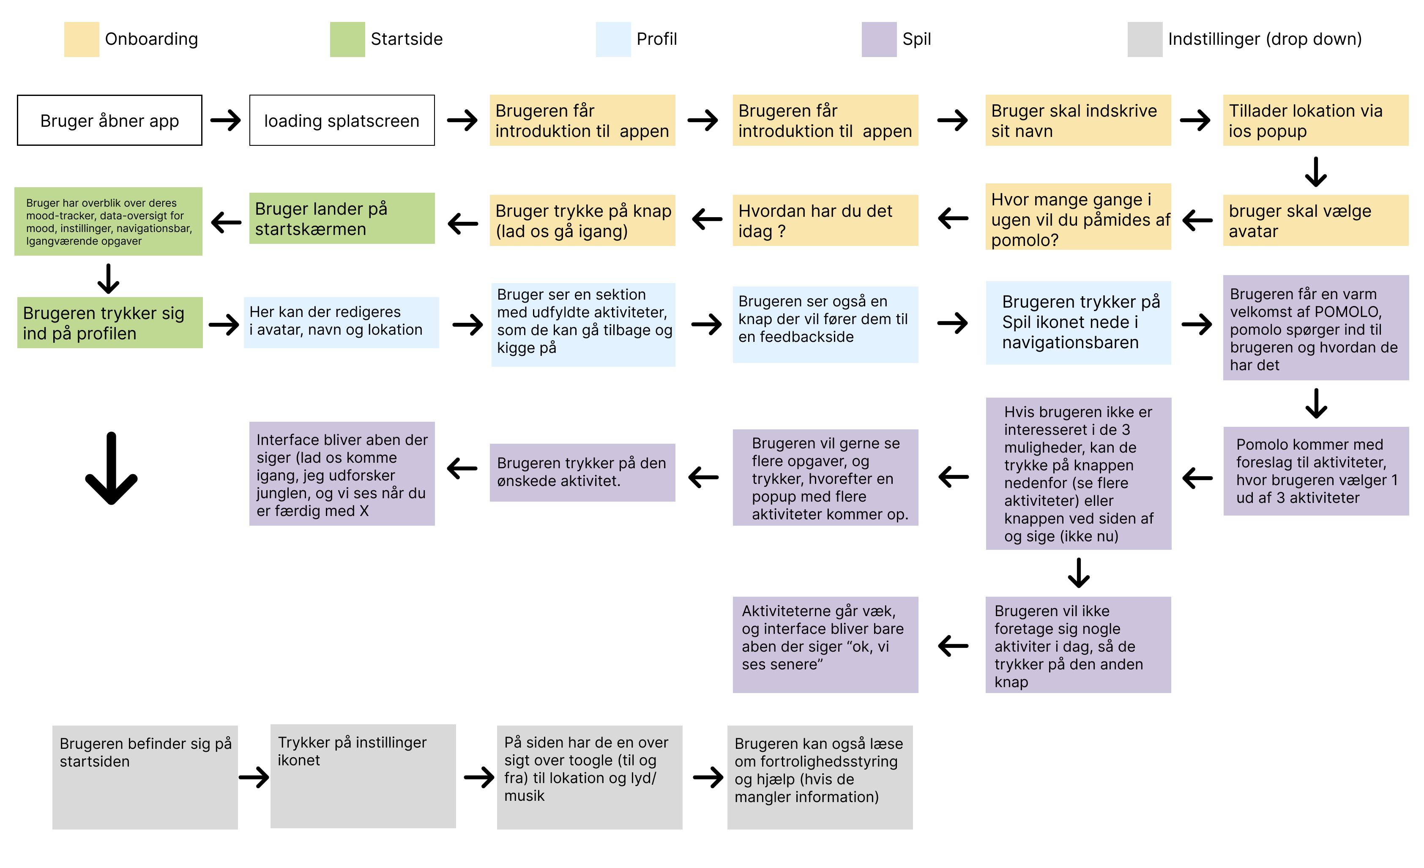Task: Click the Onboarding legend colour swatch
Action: click(x=82, y=39)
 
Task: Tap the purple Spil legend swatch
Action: click(x=879, y=39)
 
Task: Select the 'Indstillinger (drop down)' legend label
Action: click(x=1265, y=39)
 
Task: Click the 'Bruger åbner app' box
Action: click(x=110, y=120)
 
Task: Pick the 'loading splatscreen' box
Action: click(x=342, y=120)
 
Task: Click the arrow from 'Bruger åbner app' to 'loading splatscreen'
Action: click(x=225, y=120)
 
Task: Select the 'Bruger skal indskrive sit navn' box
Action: click(x=1078, y=120)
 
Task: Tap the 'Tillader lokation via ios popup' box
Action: click(x=1316, y=120)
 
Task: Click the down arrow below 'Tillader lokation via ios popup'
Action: click(x=1316, y=172)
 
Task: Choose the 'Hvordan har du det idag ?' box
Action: click(x=825, y=220)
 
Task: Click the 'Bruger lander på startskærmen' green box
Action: click(x=342, y=218)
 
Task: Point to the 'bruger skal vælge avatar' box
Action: click(x=1316, y=220)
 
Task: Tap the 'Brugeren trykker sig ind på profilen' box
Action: click(x=110, y=322)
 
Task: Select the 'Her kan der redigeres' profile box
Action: click(x=342, y=322)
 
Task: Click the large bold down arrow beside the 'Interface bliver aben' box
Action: click(x=111, y=469)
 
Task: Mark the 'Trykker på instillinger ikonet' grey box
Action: click(x=363, y=776)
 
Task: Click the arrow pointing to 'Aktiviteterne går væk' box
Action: click(x=953, y=646)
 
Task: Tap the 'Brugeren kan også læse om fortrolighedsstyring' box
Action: click(x=820, y=777)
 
